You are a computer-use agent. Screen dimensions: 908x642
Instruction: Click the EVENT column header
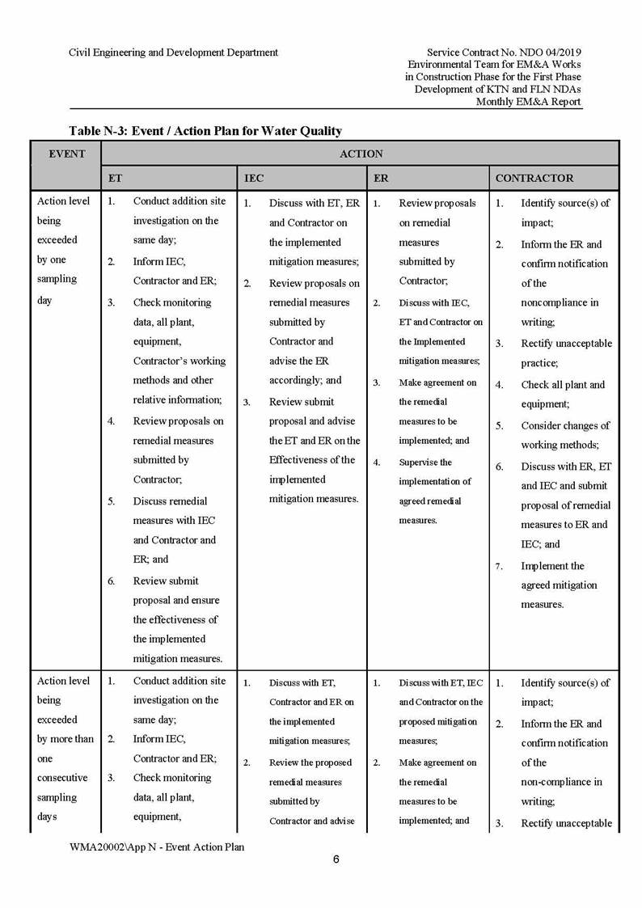click(67, 153)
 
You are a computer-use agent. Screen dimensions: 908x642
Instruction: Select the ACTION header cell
click(361, 153)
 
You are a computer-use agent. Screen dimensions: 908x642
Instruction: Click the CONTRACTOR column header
click(534, 178)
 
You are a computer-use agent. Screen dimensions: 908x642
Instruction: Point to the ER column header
click(381, 178)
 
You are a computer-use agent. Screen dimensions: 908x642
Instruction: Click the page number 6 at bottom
click(336, 859)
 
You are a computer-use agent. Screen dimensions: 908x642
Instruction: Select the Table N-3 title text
click(205, 130)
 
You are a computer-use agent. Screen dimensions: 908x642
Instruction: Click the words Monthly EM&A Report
click(528, 101)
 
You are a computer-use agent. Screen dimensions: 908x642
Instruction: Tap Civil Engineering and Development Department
click(173, 53)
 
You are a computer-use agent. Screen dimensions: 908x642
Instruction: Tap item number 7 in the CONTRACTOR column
click(500, 566)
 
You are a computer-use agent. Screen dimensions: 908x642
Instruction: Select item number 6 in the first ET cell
click(112, 581)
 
